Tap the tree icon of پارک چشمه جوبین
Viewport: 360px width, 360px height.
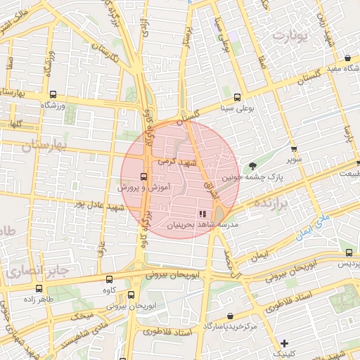point(252,166)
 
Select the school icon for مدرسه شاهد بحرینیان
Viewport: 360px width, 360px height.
point(202,213)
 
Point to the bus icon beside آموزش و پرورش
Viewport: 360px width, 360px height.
point(143,176)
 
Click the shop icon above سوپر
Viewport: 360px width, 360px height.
point(294,149)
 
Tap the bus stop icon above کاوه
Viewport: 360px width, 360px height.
point(108,279)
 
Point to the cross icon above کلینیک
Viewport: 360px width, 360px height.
point(284,343)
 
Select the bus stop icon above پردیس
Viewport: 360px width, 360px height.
point(349,252)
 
